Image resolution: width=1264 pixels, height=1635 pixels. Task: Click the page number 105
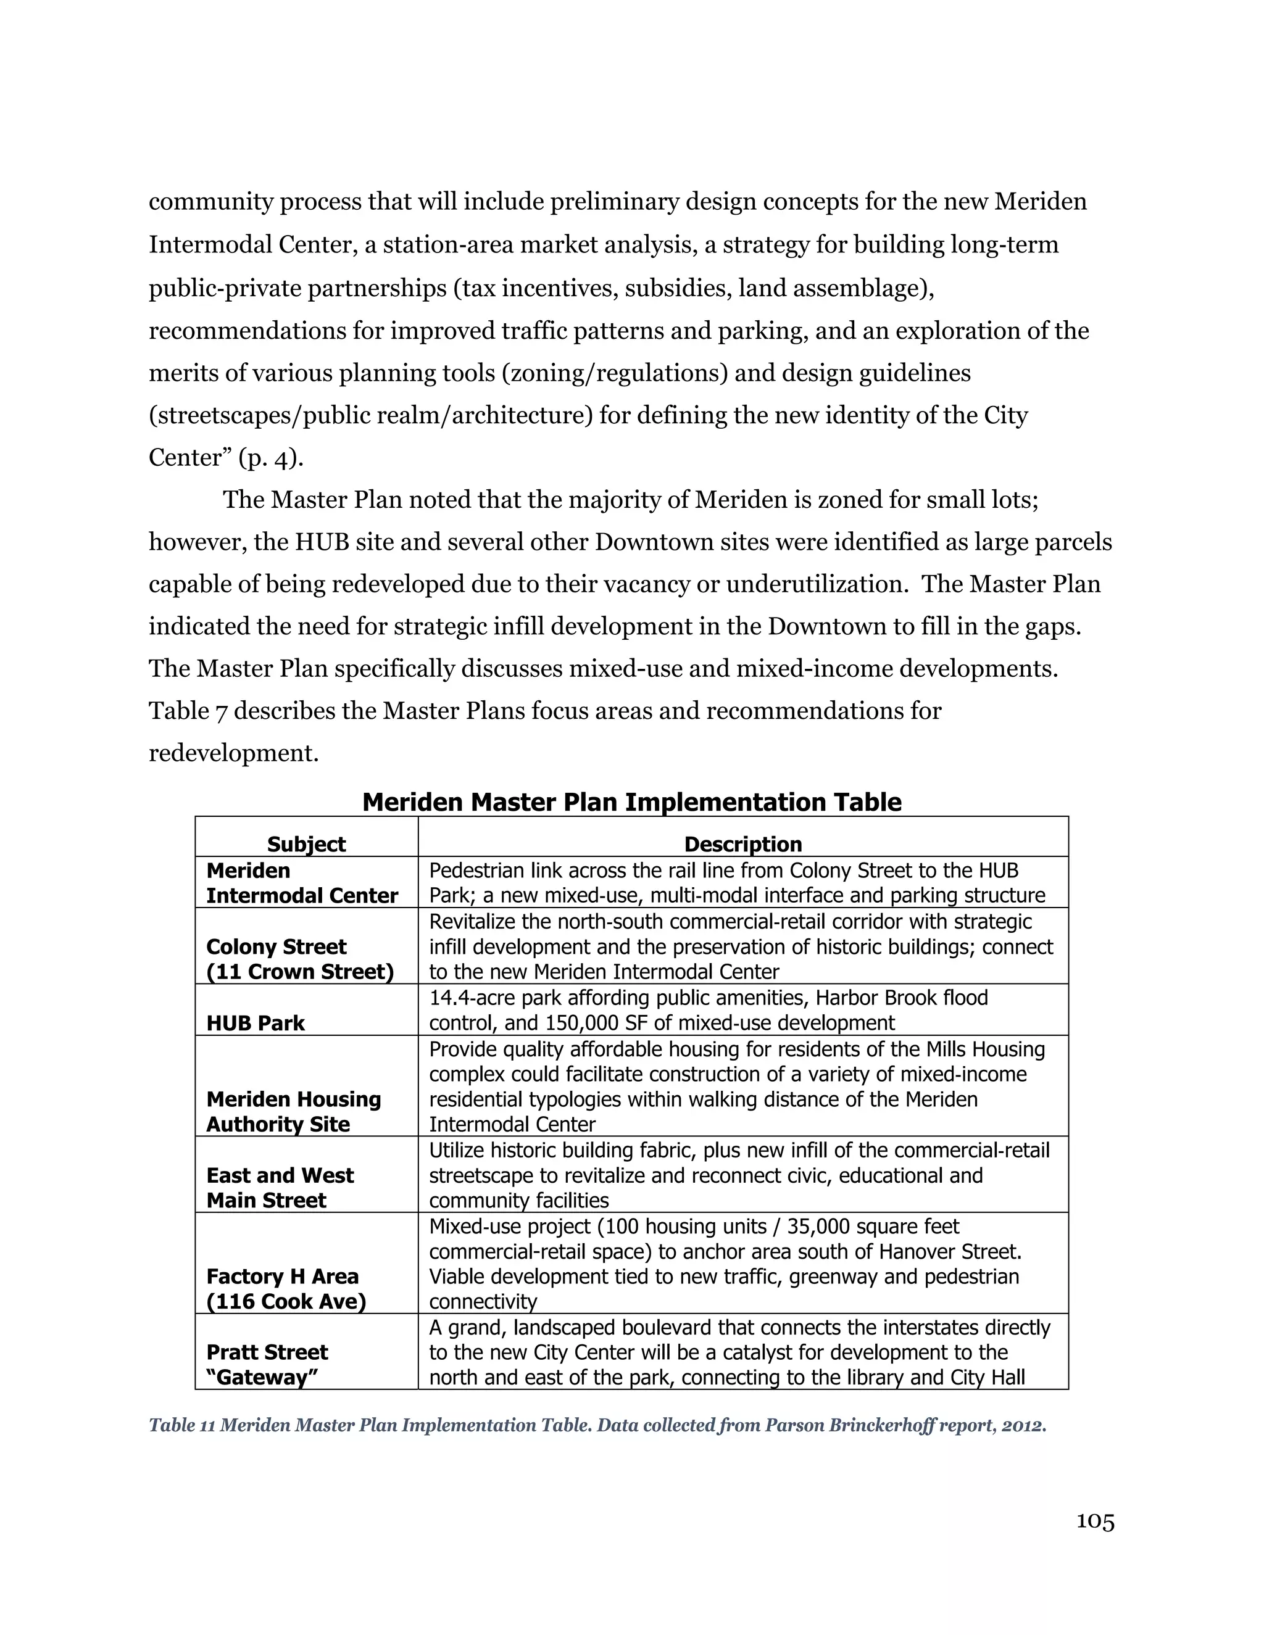click(x=1095, y=1521)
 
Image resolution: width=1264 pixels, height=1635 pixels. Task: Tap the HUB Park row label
click(x=256, y=1024)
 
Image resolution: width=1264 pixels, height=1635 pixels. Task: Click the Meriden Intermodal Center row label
click(x=302, y=884)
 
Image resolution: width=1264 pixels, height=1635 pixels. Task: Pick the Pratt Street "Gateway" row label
click(x=267, y=1365)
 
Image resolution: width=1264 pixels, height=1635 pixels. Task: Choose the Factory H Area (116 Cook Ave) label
click(x=286, y=1289)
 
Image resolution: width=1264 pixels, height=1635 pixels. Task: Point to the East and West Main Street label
click(x=280, y=1188)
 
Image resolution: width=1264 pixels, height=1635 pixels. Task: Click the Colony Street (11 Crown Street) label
click(x=299, y=959)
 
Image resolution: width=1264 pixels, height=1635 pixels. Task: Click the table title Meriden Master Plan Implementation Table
click(x=631, y=803)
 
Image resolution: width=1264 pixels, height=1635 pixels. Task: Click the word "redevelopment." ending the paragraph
click(x=234, y=753)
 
